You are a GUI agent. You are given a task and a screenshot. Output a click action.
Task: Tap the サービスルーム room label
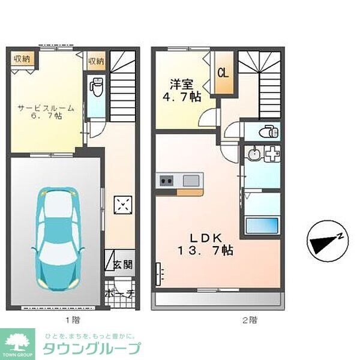tap(46, 112)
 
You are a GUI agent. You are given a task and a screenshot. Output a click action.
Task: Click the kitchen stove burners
tap(166, 180)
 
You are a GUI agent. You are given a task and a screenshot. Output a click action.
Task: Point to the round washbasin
tap(254, 154)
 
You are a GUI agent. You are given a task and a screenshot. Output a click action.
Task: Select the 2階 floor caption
tap(250, 320)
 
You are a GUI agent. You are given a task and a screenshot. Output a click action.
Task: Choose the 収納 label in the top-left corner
tap(23, 59)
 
